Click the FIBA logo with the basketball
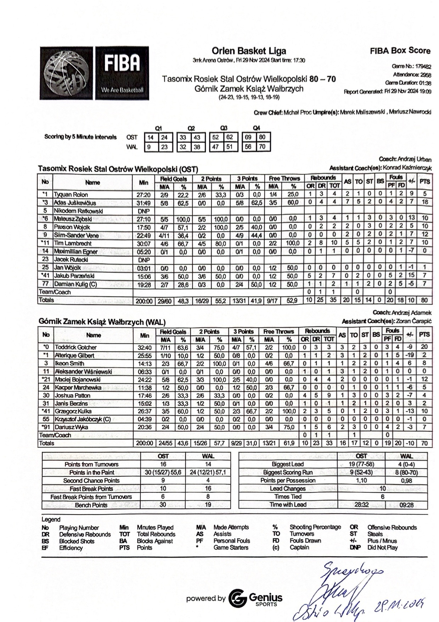coord(94,73)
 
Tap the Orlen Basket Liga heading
coord(249,51)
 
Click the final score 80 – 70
coord(322,79)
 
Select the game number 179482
coord(423,66)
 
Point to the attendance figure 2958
coord(426,74)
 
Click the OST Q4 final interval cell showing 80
coord(262,137)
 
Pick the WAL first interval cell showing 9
coord(150,146)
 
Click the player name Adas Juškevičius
coord(75,203)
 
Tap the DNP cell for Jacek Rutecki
coord(143,260)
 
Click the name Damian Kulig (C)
coord(75,284)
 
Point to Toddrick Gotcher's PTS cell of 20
coord(424,347)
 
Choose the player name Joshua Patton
coord(73,395)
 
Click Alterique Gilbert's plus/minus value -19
coord(410,355)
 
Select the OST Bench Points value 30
coord(163,505)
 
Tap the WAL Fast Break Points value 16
coord(208,489)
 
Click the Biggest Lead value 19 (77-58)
coord(361,464)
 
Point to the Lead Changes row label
coord(288,489)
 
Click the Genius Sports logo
coord(255,598)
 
